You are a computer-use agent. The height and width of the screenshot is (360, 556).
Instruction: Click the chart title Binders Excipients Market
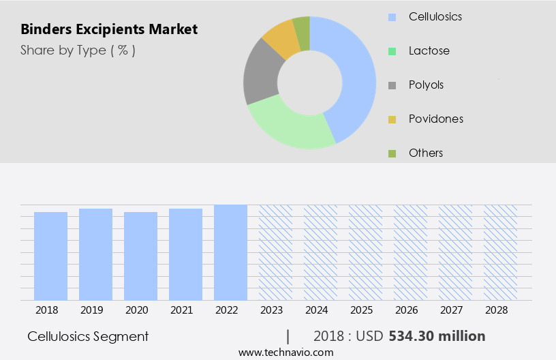(109, 29)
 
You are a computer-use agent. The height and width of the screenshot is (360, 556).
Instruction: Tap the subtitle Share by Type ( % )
(78, 50)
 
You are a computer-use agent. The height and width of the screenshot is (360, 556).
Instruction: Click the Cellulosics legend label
(435, 16)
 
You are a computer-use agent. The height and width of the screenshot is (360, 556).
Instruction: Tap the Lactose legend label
(429, 50)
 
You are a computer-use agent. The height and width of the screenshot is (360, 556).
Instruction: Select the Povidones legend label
(435, 119)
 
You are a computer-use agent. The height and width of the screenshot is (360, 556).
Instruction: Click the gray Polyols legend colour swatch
(392, 85)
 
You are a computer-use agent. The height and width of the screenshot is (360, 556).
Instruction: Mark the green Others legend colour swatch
(392, 153)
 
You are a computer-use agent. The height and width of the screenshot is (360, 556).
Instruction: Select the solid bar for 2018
(50, 256)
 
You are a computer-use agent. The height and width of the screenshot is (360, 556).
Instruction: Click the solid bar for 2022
(230, 252)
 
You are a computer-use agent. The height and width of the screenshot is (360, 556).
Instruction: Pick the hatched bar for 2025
(365, 252)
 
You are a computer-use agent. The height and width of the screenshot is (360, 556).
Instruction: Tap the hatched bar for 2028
(500, 252)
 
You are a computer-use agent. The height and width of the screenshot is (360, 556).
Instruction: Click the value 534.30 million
(437, 336)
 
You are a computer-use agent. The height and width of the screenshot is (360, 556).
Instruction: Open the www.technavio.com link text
(286, 352)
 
